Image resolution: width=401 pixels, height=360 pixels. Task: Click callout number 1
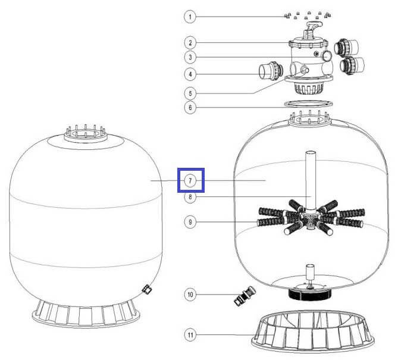[190, 17]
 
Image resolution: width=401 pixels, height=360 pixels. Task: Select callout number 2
[190, 43]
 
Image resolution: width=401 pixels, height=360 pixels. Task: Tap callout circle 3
[190, 57]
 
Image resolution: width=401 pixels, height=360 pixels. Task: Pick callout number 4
[190, 74]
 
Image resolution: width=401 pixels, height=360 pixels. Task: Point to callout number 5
[190, 93]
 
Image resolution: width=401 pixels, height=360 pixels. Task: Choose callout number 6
[190, 108]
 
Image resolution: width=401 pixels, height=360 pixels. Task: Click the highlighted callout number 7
[190, 181]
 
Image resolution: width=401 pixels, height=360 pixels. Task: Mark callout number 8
[190, 197]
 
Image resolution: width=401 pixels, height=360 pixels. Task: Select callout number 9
[190, 222]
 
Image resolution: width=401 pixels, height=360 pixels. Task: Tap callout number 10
[190, 295]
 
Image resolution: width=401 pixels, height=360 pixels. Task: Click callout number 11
[190, 335]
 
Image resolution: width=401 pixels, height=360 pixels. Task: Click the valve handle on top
[314, 27]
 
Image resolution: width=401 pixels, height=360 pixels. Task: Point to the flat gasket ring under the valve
[309, 104]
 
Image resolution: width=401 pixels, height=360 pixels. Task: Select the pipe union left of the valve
[271, 71]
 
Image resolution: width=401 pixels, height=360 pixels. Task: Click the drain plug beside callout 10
[245, 296]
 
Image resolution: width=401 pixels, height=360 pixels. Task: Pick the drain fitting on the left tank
[147, 289]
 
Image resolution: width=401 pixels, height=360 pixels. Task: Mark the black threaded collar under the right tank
[310, 294]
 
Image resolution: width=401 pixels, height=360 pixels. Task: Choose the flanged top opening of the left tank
[86, 134]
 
